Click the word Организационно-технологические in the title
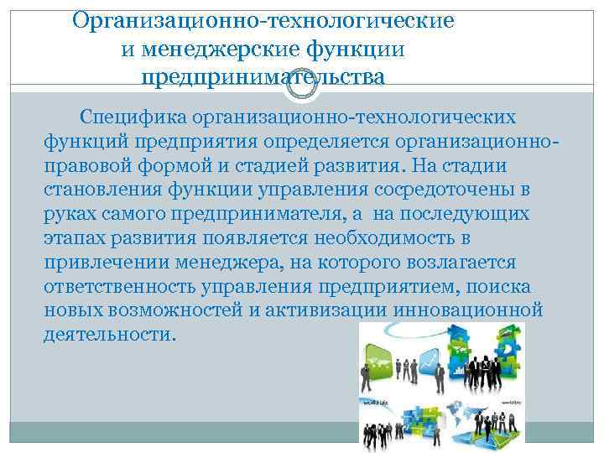263,19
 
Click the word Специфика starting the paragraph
132,117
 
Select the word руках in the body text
70,214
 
